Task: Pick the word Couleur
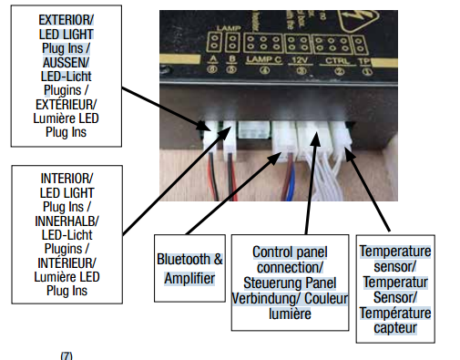316,298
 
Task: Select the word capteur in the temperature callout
394,327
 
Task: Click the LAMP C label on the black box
259,58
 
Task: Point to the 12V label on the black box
301,58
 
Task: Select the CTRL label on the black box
337,58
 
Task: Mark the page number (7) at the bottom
65,355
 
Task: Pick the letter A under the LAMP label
211,58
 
